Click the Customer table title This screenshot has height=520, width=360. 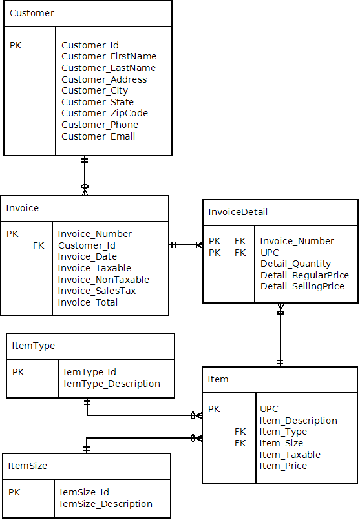[32, 13]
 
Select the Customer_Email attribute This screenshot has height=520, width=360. [98, 136]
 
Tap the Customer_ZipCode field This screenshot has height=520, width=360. [105, 114]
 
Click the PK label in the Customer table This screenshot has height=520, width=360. [16, 45]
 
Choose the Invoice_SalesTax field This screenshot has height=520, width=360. [96, 291]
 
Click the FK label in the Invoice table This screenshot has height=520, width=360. [39, 245]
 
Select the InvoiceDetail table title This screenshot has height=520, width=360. [238, 212]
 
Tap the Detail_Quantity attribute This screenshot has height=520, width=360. [295, 264]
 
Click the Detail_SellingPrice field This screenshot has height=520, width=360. [302, 286]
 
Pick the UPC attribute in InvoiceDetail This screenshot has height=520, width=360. [270, 253]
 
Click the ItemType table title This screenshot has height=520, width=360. [34, 346]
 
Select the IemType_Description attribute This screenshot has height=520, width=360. [112, 384]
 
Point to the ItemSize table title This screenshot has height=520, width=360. [28, 465]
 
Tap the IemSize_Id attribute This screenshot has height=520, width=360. [85, 492]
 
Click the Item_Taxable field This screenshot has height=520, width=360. [290, 455]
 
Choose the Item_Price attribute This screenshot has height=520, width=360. [283, 466]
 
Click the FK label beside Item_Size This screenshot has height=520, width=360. [240, 443]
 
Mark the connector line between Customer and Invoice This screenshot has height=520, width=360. [84, 174]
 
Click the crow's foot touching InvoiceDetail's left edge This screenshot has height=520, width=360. [198, 245]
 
